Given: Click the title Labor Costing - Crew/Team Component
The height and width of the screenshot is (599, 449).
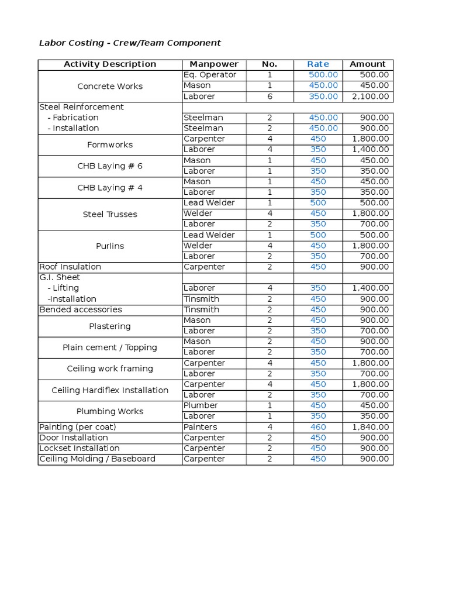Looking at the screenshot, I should [x=130, y=43].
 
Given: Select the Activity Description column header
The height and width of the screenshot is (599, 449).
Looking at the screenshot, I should [x=110, y=64].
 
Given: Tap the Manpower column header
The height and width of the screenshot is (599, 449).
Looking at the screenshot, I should [x=214, y=64].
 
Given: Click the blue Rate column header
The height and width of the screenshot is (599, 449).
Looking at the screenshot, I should [x=318, y=64].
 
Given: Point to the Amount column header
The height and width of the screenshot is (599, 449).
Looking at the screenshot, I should [x=367, y=64].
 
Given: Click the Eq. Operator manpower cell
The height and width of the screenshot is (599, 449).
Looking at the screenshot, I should [x=210, y=75].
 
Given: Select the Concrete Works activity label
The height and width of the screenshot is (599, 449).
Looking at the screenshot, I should [x=110, y=86].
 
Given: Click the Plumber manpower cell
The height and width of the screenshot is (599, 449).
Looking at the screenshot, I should [x=201, y=405].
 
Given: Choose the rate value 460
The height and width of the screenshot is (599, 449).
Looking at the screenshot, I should [x=318, y=427].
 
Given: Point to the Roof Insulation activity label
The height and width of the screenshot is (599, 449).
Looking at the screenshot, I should [x=70, y=267].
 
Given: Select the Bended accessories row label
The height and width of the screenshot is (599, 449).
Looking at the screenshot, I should [x=81, y=309].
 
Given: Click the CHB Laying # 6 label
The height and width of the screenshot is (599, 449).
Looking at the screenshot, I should [x=110, y=166].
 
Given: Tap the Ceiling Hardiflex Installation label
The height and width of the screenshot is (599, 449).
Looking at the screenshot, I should [x=110, y=390].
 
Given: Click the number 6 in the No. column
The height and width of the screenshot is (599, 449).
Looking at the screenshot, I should [x=270, y=97].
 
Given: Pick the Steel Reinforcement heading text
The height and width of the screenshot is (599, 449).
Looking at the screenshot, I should [x=81, y=107].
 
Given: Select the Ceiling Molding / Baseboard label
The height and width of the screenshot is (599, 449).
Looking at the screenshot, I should [x=97, y=459].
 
